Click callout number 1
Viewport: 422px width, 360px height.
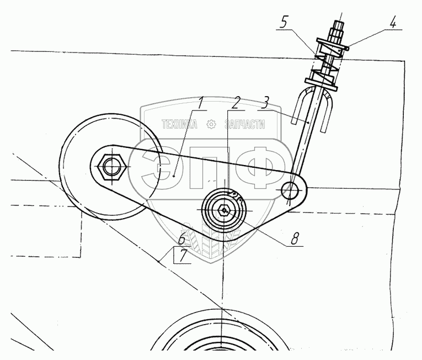click(x=201, y=103)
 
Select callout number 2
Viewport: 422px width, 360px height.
click(x=236, y=103)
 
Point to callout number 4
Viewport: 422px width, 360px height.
click(x=392, y=24)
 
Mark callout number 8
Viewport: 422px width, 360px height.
click(x=295, y=239)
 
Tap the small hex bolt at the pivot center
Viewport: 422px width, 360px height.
click(x=223, y=210)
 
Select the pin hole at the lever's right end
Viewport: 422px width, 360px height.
click(x=291, y=190)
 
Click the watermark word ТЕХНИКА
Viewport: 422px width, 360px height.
click(x=179, y=125)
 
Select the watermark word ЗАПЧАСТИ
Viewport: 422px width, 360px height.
click(x=244, y=125)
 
